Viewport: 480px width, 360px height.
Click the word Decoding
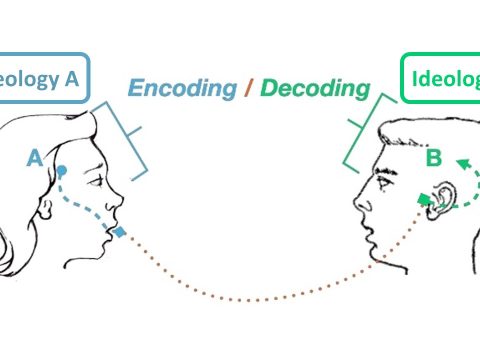point(315,88)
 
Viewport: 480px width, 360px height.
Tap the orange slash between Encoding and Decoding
point(249,88)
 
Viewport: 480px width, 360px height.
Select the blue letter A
point(36,157)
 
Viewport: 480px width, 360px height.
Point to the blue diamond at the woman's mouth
point(119,233)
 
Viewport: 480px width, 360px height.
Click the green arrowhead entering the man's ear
point(426,201)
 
